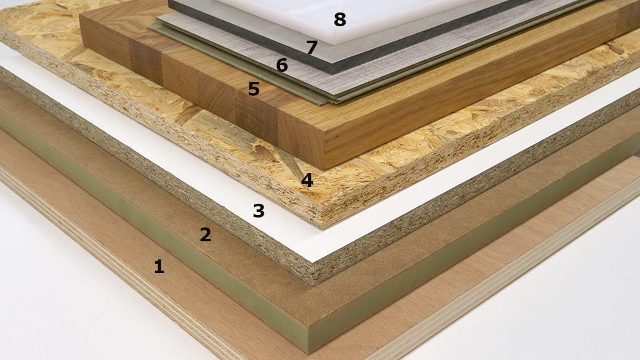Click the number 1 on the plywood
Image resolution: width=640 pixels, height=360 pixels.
point(159,267)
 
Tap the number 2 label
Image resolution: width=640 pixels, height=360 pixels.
point(205,235)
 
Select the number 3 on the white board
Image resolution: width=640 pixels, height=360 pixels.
point(258,211)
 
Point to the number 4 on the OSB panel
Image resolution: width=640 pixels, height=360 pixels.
point(307,181)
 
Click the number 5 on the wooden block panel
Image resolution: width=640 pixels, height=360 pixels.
point(253,89)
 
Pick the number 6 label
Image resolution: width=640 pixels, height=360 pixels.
point(282,65)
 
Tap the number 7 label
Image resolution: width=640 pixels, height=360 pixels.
point(312,47)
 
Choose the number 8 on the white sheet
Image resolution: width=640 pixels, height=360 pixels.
point(339,20)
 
